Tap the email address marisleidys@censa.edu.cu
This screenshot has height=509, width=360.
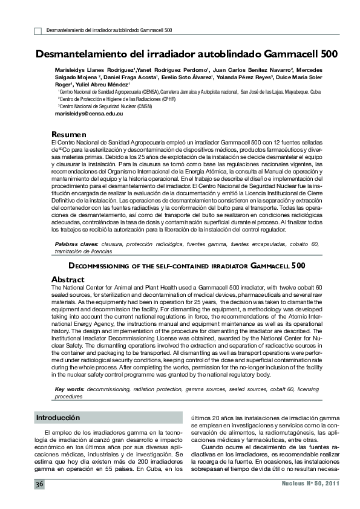click(89, 114)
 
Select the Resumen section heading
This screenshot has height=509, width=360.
click(70, 134)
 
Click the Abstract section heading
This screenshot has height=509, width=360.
click(68, 280)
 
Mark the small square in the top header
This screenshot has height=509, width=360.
click(38, 30)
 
